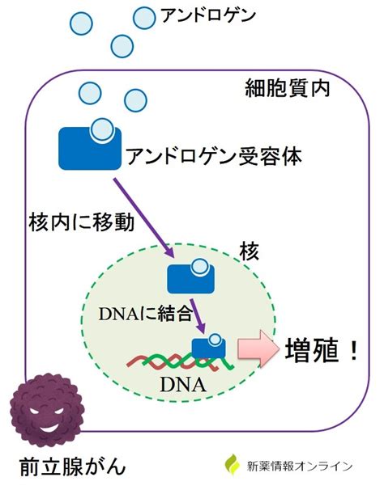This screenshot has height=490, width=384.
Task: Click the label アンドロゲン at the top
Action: tap(208, 15)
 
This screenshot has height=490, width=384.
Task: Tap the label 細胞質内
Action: tap(288, 88)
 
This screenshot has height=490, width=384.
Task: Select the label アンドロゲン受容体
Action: tap(214, 155)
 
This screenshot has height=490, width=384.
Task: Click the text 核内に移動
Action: tap(82, 222)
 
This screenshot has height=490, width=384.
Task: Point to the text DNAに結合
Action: tap(145, 314)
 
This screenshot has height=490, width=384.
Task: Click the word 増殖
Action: tap(312, 351)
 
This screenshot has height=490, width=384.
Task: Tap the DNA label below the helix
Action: tap(183, 385)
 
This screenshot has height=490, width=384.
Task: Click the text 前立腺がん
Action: tap(73, 467)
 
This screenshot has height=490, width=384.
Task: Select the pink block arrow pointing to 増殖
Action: tap(258, 348)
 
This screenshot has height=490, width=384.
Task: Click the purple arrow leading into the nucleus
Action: tap(143, 218)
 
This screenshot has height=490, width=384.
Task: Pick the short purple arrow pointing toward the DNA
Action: tap(198, 315)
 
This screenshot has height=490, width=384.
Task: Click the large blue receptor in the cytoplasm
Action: tap(90, 148)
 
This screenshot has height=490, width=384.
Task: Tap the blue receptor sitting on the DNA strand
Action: tap(208, 348)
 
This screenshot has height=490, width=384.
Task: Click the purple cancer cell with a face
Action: tap(47, 410)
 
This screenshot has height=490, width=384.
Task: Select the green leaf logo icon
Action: tap(233, 465)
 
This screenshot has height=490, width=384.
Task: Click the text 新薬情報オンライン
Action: tap(300, 467)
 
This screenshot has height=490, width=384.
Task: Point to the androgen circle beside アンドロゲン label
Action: tap(144, 18)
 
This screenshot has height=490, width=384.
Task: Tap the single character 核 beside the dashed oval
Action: tap(250, 251)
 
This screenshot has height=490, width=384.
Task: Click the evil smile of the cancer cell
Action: tap(50, 427)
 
